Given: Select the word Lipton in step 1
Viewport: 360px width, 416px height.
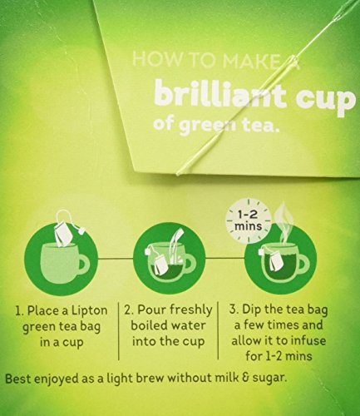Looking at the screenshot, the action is (x=90, y=311).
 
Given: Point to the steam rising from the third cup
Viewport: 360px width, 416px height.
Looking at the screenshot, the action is (x=283, y=221).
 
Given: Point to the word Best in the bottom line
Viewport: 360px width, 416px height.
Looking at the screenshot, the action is (x=17, y=379).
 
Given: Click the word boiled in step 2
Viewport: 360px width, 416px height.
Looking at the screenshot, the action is (x=149, y=325).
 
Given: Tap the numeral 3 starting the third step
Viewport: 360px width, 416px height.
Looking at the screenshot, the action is (x=232, y=310).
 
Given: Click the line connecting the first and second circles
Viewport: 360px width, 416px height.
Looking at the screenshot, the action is (x=116, y=259).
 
